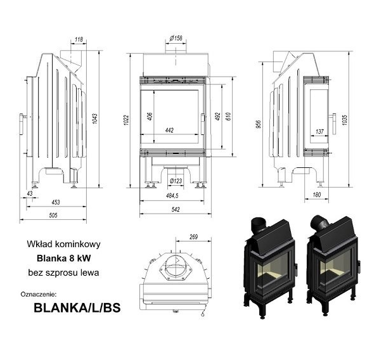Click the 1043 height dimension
95,119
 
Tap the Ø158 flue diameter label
176,38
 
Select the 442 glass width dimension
169,131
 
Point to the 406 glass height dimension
150,117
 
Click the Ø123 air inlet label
176,181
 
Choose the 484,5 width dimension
172,196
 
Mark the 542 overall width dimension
176,209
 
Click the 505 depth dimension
53,215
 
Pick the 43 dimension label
30,193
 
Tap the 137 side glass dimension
319,132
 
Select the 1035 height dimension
345,120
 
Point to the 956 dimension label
259,124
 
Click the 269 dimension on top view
193,237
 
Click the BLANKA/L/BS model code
77,308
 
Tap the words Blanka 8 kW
64,258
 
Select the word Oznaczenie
39,295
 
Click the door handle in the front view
203,124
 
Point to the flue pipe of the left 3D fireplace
259,224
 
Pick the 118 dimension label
79,39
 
